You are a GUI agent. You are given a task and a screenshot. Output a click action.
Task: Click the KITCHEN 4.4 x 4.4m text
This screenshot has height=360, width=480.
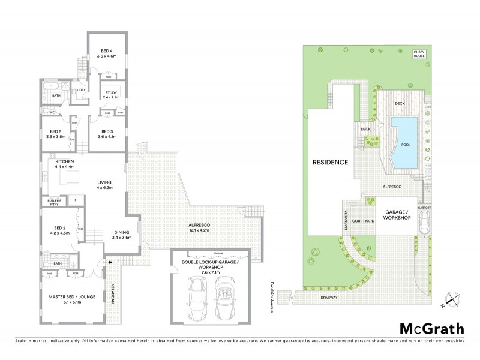pos(64,164)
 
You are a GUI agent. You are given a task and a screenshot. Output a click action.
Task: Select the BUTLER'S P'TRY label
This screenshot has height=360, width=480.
pos(49,202)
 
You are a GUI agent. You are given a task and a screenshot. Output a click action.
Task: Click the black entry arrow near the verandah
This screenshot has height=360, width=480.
pos(109,262)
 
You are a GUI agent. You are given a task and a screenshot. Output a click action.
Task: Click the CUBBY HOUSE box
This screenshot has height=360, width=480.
pos(419,54)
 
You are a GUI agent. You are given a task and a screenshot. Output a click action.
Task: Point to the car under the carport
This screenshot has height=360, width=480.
pos(424,223)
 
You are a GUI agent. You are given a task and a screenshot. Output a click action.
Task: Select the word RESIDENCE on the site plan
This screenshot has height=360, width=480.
pos(330,163)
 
